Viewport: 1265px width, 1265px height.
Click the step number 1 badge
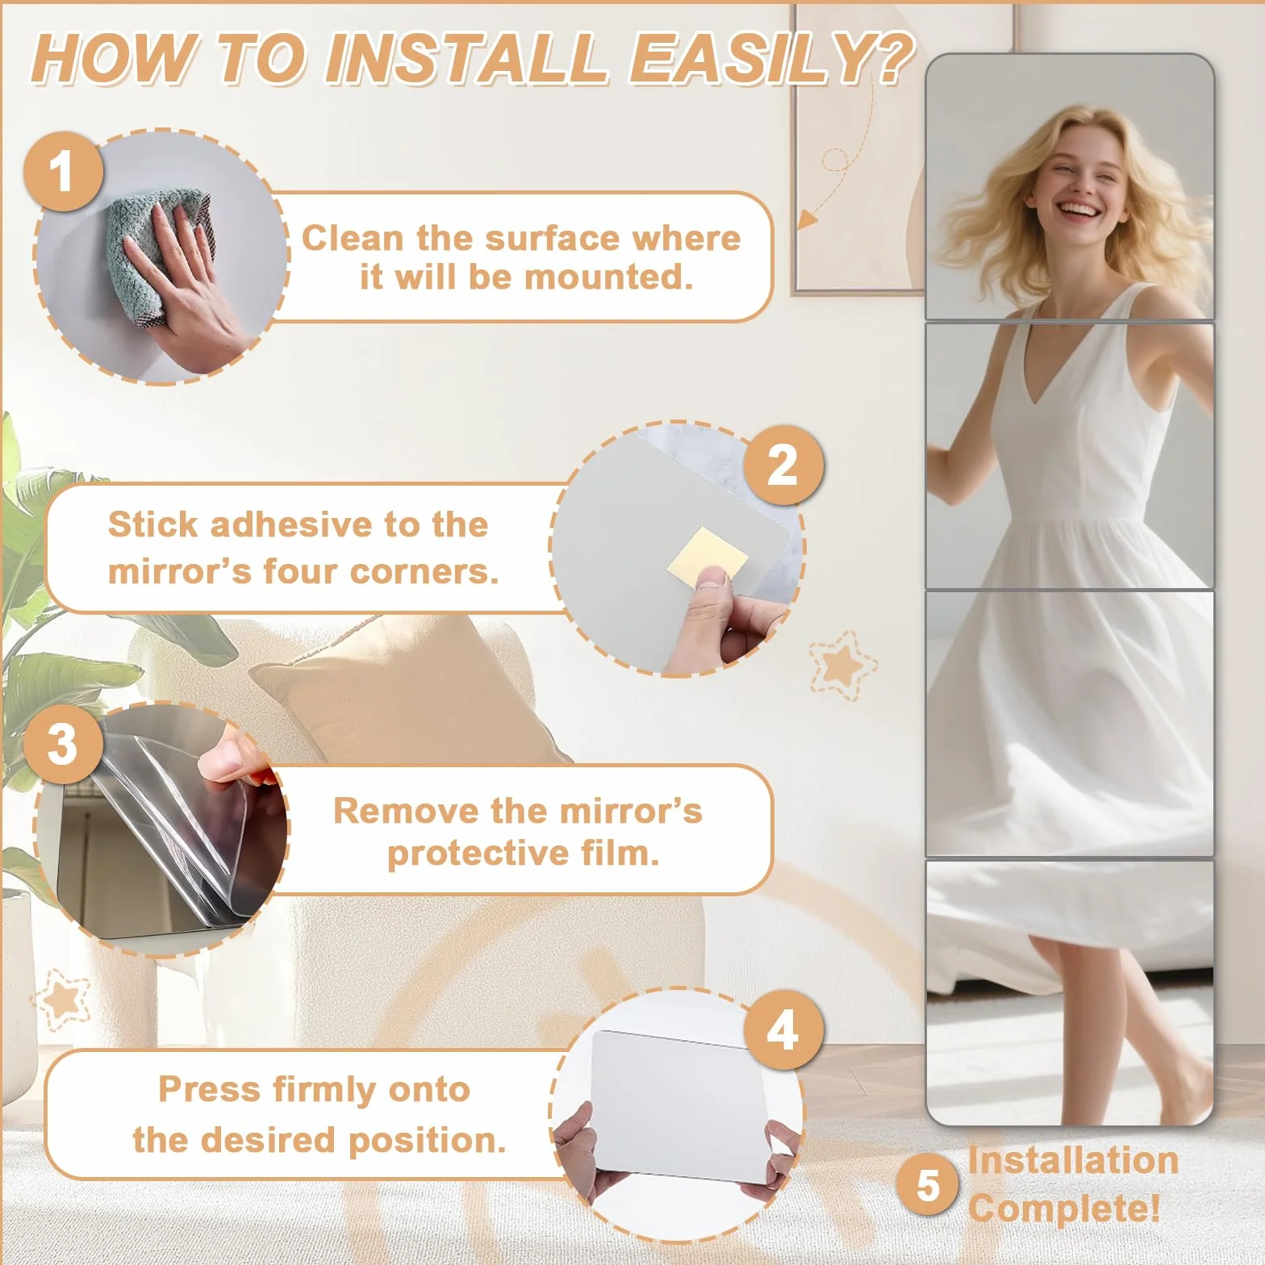click(x=63, y=172)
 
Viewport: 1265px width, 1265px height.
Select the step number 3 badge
click(x=63, y=743)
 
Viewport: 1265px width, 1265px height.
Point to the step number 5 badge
click(x=928, y=1185)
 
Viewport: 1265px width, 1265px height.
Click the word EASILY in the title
click(x=771, y=58)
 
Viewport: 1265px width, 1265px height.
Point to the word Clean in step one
click(x=353, y=238)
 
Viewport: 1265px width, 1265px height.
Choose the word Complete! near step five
click(x=1064, y=1208)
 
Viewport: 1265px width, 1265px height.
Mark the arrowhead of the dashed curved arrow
click(x=808, y=218)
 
